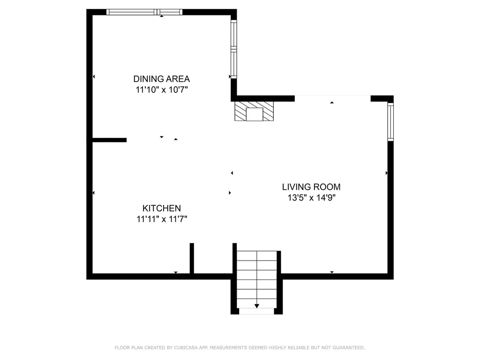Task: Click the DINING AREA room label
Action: pos(161,79)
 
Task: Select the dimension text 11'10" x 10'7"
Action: pos(161,90)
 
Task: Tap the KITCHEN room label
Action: pos(162,208)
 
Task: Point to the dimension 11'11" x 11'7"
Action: pos(162,219)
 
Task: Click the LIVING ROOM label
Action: pos(311,187)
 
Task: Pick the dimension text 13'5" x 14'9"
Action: pos(311,198)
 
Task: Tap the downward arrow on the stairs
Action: pos(256,306)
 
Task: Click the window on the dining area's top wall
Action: pos(144,12)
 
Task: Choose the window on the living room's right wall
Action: pos(390,122)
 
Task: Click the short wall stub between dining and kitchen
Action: pos(109,140)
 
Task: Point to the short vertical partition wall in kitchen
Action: pos(192,258)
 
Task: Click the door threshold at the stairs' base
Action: pos(256,311)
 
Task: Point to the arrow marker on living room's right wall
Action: pos(387,173)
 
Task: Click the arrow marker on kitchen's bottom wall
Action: pos(176,272)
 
